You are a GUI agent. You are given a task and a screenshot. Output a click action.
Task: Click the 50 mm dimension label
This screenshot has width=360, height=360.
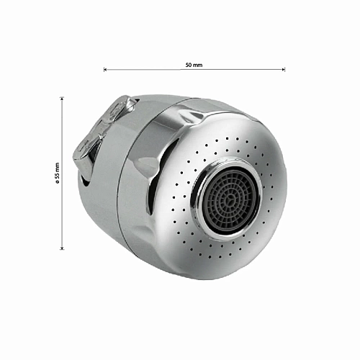(194, 65)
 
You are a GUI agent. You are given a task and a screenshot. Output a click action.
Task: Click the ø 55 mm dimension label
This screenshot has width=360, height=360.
(57, 173)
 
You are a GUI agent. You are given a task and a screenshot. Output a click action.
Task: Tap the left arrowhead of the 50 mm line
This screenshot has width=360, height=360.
(104, 70)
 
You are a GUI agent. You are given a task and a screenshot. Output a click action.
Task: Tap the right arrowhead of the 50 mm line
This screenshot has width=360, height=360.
(284, 70)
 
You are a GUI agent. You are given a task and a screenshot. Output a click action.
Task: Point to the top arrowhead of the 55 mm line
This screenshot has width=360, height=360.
(63, 98)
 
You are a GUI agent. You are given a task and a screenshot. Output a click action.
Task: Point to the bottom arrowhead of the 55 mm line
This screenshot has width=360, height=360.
(63, 248)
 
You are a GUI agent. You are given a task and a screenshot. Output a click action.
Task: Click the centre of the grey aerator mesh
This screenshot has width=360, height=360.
(230, 198)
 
